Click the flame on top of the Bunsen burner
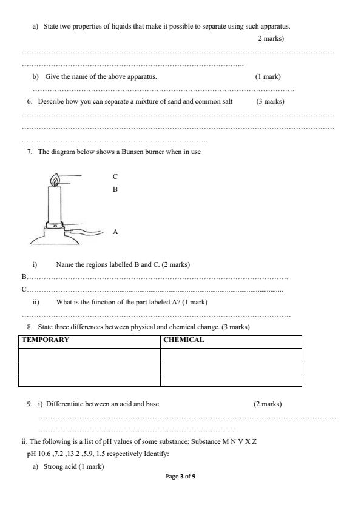pos(55,181)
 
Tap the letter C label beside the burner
pos(115,176)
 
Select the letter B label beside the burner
pos(115,189)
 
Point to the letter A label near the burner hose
pos(115,232)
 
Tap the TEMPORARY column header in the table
pos(46,340)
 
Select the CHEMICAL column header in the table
pos(183,340)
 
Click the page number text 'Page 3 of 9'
pos(180,477)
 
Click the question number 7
pos(30,152)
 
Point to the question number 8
pos(30,327)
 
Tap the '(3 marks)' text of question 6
pos(270,101)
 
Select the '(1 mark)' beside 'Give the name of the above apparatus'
pos(268,77)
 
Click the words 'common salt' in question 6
pos(216,101)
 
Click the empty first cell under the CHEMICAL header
pos(231,354)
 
